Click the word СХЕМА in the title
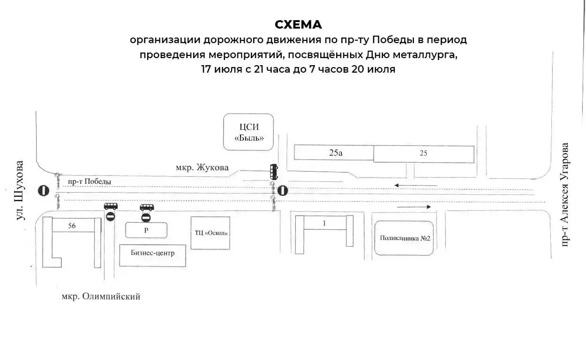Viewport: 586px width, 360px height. click(x=298, y=24)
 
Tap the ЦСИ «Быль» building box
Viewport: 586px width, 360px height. click(x=248, y=132)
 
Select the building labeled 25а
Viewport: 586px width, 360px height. click(x=334, y=152)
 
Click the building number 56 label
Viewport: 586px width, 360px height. click(x=72, y=225)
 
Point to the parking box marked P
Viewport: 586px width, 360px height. click(x=146, y=230)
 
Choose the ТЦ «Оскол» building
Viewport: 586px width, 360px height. click(x=210, y=233)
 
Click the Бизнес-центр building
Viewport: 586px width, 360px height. click(x=152, y=255)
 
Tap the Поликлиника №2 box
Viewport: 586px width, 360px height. click(x=404, y=238)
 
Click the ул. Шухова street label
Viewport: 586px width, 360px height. click(x=20, y=190)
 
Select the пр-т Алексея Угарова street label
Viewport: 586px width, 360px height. click(x=564, y=195)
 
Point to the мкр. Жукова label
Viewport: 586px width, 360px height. click(x=202, y=167)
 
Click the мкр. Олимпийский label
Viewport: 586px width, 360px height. click(x=101, y=297)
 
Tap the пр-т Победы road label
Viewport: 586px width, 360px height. click(x=90, y=181)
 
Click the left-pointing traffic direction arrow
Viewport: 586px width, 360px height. click(x=416, y=186)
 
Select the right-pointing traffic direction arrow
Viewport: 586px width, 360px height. click(x=414, y=207)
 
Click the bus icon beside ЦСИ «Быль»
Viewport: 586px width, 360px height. click(x=274, y=172)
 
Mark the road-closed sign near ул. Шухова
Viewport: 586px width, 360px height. click(x=44, y=190)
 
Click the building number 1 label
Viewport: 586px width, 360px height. click(x=324, y=223)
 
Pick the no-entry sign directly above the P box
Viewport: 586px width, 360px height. click(x=146, y=217)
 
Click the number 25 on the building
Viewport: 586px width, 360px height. click(x=423, y=153)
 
